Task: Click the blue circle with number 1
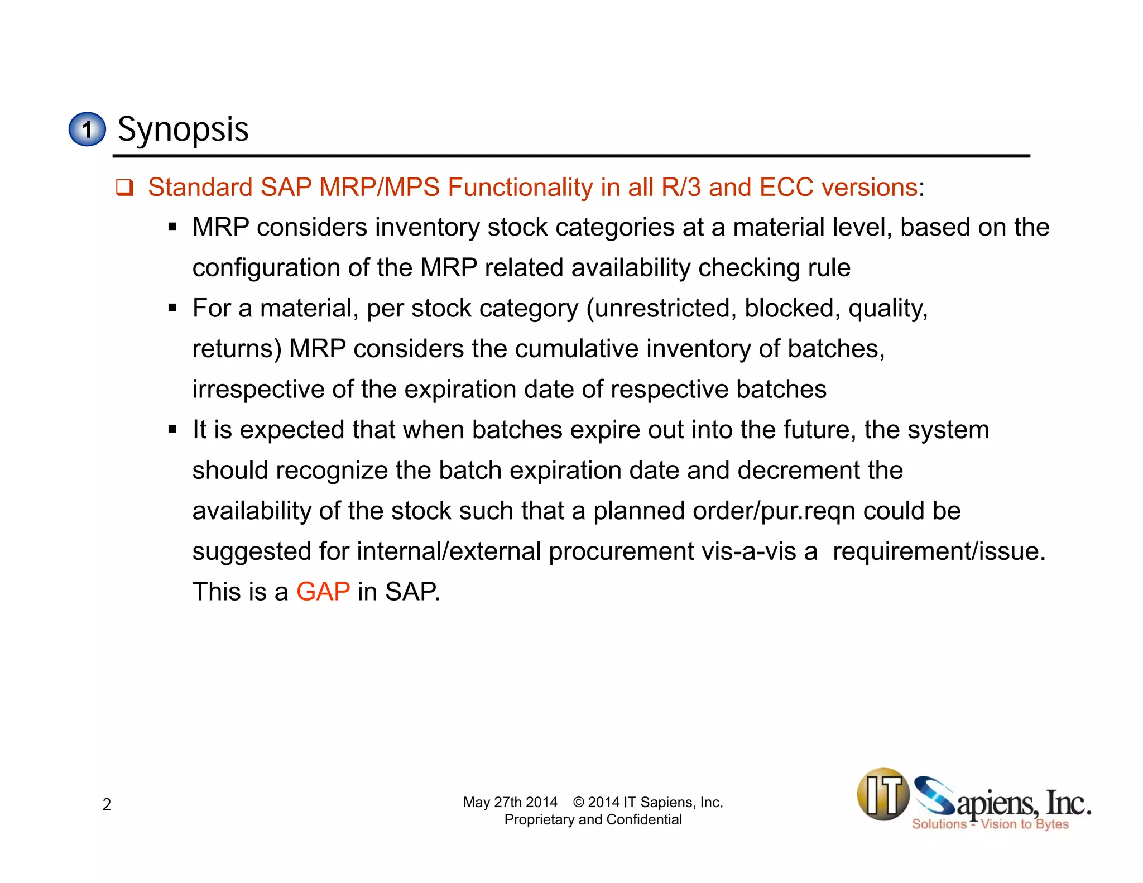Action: [87, 129]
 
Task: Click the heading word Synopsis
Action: [183, 129]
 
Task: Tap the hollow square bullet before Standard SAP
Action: [124, 188]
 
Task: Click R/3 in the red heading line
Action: [681, 187]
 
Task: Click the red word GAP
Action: [323, 592]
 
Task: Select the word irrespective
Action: [258, 390]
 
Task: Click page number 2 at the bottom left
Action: [107, 804]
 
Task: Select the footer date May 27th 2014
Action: [510, 802]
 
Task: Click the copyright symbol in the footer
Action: [578, 802]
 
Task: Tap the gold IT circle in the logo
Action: [883, 794]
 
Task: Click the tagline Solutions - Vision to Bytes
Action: [990, 824]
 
